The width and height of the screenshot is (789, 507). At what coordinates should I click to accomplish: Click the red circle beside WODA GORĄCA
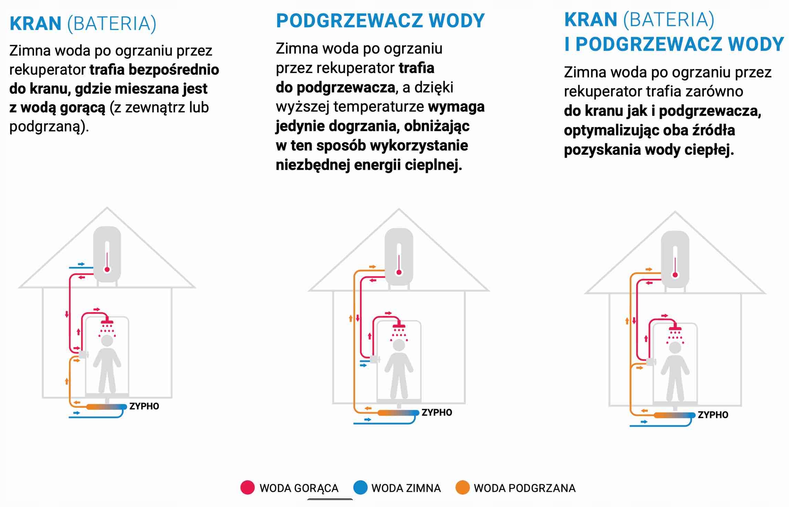tap(248, 488)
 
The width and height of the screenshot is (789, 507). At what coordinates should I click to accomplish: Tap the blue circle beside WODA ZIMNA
tap(360, 488)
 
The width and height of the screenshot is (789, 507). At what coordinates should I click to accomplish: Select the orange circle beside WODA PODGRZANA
tap(462, 488)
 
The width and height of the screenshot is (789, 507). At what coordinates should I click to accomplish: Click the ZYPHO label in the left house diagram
tap(144, 406)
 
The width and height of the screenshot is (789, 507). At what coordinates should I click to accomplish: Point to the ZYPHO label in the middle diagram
tap(436, 413)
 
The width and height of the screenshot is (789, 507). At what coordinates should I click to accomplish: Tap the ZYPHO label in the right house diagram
tap(713, 415)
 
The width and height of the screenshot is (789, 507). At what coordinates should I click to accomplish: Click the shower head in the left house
tap(107, 322)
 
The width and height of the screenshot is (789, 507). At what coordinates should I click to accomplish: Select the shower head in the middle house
tap(399, 325)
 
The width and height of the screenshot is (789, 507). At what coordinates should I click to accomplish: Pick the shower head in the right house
tap(675, 328)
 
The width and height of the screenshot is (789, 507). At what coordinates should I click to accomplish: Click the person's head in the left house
tap(107, 341)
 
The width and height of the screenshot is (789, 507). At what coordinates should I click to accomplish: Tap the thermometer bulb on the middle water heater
tap(399, 272)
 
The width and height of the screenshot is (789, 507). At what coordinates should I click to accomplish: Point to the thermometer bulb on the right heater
tap(675, 275)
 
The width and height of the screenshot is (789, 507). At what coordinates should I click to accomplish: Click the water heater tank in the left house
tap(107, 254)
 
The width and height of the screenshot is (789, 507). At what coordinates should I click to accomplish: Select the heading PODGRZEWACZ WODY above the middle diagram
tap(380, 21)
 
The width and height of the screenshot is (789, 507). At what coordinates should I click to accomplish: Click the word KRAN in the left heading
tap(35, 24)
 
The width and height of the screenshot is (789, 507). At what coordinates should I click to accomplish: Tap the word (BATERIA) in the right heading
tap(669, 20)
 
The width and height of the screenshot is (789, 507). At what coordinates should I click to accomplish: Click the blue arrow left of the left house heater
tap(81, 264)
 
